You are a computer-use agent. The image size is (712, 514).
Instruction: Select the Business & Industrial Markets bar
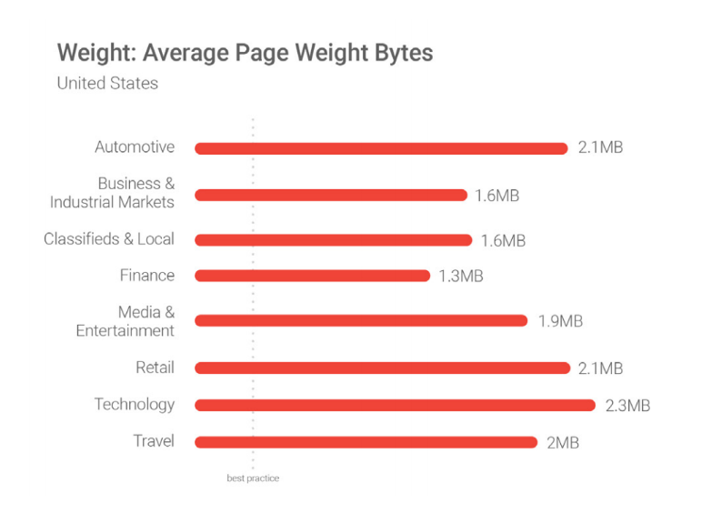point(330,195)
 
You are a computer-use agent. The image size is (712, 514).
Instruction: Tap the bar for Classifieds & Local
point(333,240)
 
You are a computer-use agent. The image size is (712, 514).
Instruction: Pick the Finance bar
point(312,276)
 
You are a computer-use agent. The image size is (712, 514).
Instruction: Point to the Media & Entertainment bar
point(360,320)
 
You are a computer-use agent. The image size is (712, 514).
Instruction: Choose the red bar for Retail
point(381,368)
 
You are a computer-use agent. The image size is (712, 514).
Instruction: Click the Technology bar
point(395,405)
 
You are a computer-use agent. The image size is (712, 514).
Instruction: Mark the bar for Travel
point(366,442)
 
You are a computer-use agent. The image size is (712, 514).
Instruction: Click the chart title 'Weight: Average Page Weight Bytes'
point(245,52)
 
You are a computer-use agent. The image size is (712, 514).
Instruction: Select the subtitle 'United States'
point(107,83)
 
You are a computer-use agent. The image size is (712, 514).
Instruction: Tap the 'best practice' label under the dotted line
point(253,479)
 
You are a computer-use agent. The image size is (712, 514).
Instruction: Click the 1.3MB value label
point(459,277)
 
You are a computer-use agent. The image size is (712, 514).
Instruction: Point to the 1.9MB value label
point(559,321)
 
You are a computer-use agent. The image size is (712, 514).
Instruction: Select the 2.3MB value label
point(627,406)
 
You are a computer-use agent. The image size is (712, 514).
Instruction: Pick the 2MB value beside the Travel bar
point(563,443)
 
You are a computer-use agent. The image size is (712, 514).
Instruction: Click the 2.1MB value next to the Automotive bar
point(600,148)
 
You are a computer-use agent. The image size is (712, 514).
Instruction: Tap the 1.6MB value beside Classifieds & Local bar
point(503,241)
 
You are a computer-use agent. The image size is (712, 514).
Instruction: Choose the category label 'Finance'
point(146,275)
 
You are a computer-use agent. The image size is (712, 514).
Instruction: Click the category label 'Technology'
point(134,404)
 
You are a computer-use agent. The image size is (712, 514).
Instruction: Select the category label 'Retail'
point(154,368)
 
